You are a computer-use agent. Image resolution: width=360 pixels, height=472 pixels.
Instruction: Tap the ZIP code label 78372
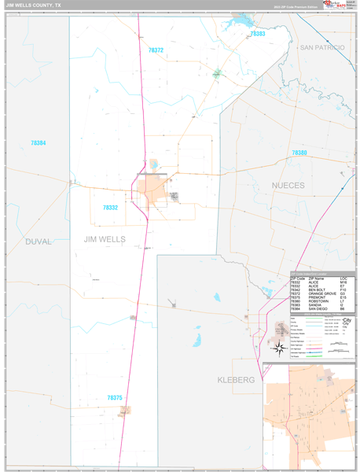click(156, 50)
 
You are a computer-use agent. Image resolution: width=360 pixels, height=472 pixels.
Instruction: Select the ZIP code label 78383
click(257, 35)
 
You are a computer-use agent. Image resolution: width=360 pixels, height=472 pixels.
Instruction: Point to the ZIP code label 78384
click(39, 142)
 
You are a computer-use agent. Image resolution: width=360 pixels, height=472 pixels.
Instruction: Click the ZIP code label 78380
click(299, 153)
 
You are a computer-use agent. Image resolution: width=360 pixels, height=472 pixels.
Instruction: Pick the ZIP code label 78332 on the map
click(110, 208)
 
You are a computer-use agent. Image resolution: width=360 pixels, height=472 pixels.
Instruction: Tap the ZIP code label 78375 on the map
click(115, 398)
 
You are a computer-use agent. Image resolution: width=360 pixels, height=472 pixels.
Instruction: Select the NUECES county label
click(288, 186)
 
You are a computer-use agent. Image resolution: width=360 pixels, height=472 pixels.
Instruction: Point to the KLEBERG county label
click(236, 380)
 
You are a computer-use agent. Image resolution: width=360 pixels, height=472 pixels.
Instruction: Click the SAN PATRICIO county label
click(322, 48)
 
